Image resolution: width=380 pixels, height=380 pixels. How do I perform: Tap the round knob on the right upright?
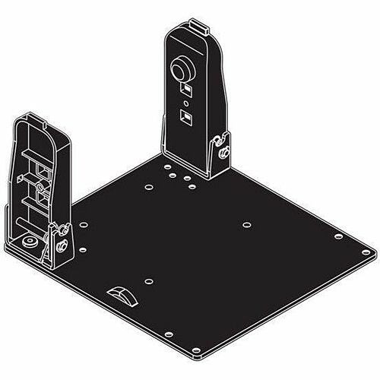point(183,69)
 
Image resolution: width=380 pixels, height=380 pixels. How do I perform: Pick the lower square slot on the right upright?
point(184,117)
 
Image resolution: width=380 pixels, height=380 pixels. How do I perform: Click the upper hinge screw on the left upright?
point(59,230)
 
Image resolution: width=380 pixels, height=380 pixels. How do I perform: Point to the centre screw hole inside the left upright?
point(35,183)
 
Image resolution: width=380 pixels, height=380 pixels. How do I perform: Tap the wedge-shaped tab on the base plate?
point(122,294)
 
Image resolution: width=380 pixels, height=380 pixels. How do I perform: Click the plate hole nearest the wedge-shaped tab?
point(150,280)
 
